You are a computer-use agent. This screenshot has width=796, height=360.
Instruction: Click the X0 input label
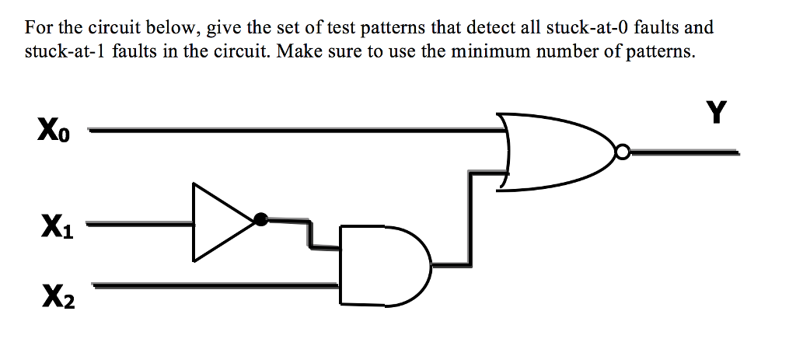tap(53, 129)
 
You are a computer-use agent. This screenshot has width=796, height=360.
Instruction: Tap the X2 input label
tap(58, 295)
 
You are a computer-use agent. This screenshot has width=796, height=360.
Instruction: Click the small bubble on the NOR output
tap(621, 152)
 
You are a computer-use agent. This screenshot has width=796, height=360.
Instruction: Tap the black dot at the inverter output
tap(261, 219)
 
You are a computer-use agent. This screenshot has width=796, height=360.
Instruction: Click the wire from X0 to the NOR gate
tap(295, 131)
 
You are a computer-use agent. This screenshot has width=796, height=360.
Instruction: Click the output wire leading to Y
tap(684, 153)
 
